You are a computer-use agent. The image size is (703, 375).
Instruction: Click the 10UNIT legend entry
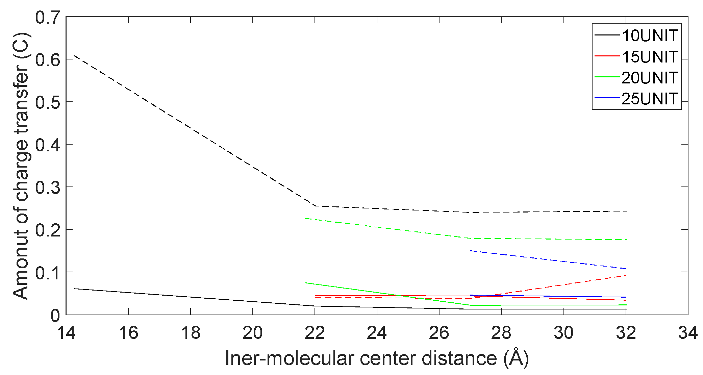(x=650, y=36)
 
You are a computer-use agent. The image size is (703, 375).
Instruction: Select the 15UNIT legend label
(x=650, y=57)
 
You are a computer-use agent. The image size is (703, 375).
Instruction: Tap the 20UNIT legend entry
(x=650, y=78)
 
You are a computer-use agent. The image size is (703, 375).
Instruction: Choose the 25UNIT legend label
(x=650, y=99)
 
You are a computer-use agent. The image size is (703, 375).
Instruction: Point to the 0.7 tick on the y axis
(x=48, y=17)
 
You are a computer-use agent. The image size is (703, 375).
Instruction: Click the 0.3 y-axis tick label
(x=48, y=187)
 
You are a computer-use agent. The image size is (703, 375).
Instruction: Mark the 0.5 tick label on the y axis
(x=48, y=102)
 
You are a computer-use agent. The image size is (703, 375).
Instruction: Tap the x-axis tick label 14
(x=66, y=333)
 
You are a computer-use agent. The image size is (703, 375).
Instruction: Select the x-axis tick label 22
(x=315, y=333)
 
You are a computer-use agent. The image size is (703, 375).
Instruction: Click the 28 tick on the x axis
(x=501, y=333)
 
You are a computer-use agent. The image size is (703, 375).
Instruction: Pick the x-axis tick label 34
(x=687, y=333)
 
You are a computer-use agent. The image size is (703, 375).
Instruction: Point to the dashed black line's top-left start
(x=74, y=55)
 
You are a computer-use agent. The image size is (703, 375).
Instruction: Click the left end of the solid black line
(x=74, y=289)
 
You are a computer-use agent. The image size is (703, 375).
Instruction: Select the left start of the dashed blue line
(x=471, y=251)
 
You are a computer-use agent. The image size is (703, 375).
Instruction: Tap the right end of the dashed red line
(x=626, y=276)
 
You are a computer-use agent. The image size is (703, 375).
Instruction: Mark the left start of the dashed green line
(x=305, y=218)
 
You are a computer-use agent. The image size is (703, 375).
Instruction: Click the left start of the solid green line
(x=305, y=283)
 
